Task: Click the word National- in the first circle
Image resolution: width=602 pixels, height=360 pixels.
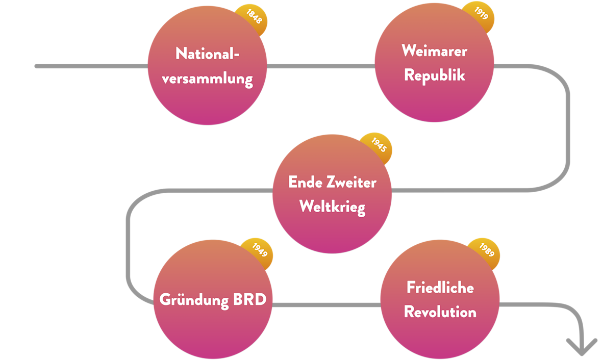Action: (207, 54)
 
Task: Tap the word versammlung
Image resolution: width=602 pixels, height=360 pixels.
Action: (207, 79)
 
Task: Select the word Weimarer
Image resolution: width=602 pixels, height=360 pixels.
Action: (434, 51)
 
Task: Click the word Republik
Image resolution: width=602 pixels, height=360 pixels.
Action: (434, 75)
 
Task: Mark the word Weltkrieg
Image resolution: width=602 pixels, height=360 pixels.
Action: (332, 207)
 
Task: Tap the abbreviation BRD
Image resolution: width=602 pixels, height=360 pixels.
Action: (249, 299)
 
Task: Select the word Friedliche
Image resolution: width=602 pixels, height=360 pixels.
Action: (440, 288)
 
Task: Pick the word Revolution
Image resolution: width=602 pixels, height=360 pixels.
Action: (440, 312)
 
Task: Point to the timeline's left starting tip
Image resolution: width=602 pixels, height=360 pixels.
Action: (37, 66)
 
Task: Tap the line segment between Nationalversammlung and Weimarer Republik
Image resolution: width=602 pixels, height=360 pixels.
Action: (320, 66)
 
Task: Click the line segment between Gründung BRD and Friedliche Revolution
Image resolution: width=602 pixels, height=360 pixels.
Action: (327, 305)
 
